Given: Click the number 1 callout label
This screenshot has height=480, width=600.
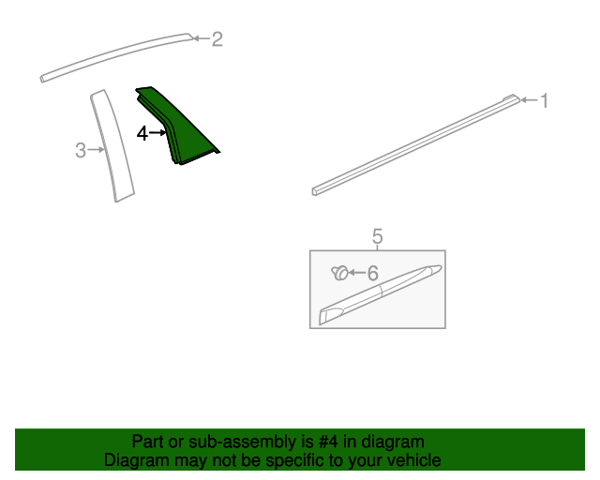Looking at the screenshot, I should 543,100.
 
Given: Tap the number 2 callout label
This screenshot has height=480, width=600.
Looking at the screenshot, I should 217,39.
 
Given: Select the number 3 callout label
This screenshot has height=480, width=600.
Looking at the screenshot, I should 81,150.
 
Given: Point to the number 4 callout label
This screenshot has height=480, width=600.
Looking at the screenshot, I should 142,134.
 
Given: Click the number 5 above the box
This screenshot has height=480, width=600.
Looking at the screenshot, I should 378,236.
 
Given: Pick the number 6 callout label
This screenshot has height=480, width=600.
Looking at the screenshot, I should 372,274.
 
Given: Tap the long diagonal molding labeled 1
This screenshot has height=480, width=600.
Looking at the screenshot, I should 412,144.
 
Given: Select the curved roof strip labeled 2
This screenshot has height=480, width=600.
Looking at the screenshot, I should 112,57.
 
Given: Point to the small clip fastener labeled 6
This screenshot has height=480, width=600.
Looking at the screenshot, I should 340,274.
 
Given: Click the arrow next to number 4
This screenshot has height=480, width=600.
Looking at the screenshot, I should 157,134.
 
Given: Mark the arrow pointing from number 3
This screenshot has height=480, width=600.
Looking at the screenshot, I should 96,150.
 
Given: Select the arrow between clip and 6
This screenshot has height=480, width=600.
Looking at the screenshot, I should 356,274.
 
